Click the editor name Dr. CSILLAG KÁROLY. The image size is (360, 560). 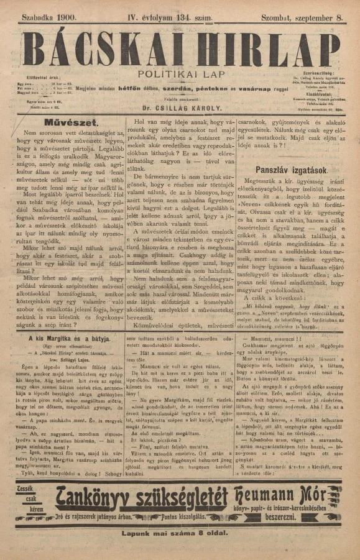[x=173, y=106]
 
